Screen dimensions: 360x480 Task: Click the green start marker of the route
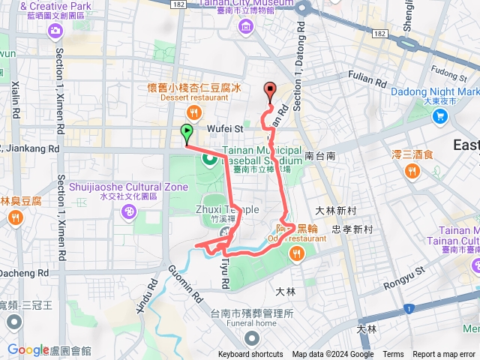(x=186, y=133)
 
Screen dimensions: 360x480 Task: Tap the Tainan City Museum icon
(x=246, y=27)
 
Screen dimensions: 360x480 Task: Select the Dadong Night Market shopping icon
(x=440, y=116)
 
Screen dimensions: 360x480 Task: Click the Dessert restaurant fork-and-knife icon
(x=194, y=112)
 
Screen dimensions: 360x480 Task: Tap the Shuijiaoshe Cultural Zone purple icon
(x=128, y=212)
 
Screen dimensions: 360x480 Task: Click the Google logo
(x=28, y=349)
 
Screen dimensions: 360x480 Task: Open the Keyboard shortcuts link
(x=250, y=355)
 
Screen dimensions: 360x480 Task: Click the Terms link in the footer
(x=393, y=355)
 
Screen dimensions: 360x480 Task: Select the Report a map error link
(x=444, y=355)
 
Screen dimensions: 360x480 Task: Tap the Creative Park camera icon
(x=55, y=30)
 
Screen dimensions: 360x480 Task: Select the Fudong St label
(x=448, y=73)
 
